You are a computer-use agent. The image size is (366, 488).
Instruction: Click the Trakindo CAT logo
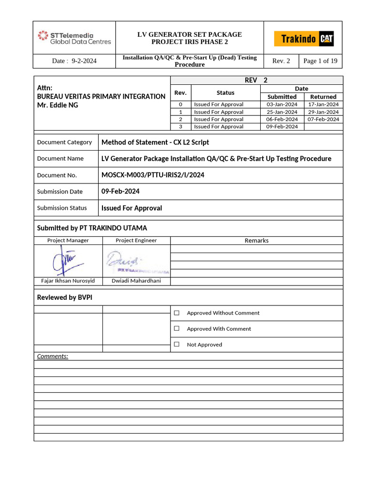coord(304,39)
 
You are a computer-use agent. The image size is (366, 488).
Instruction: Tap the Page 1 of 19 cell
coord(320,61)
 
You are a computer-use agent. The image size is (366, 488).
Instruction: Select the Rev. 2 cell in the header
coord(281,61)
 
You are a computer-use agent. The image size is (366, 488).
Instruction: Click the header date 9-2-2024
coord(74,61)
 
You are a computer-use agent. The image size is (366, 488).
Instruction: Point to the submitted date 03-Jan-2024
coord(282,104)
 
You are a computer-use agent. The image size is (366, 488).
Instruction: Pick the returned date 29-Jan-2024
coord(323,112)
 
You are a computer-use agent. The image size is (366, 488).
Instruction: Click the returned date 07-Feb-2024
coord(323,119)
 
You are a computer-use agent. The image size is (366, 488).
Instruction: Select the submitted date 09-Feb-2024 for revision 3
coord(282,127)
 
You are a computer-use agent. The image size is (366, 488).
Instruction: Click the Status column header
coord(225,93)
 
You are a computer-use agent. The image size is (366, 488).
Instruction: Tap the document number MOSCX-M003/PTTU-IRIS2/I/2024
coord(153,175)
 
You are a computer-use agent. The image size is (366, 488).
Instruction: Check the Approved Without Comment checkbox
coord(177,313)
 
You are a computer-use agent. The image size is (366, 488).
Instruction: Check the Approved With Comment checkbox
coord(177,329)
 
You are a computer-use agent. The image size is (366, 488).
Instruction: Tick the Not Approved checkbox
coord(177,345)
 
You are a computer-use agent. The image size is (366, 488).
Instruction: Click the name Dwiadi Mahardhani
coord(136,281)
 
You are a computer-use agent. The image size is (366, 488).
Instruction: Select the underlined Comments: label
coord(52,356)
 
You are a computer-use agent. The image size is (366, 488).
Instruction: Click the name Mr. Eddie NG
coord(58,105)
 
